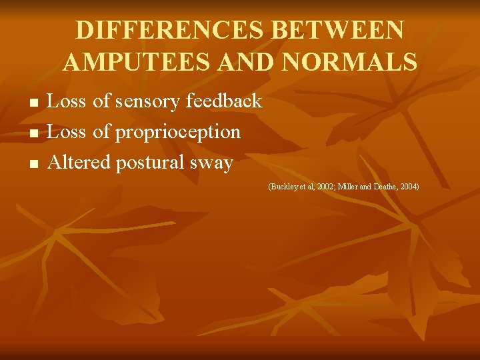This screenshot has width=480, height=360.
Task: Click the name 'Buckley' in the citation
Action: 282,187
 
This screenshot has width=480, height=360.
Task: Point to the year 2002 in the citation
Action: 322,187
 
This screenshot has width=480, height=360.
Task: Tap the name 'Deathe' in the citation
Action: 388,187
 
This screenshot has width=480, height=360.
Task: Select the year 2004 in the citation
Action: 409,187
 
